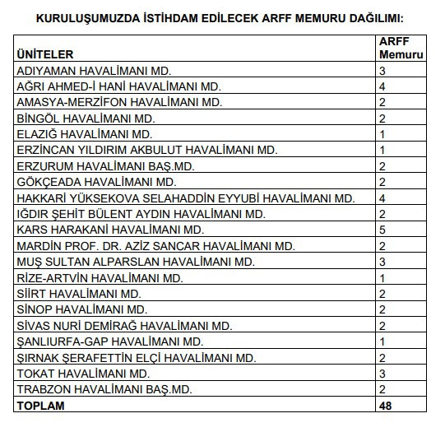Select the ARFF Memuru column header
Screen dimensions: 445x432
click(401, 47)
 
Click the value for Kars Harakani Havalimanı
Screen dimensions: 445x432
click(382, 230)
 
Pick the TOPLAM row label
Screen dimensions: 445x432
click(40, 406)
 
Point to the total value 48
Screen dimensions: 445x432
click(386, 406)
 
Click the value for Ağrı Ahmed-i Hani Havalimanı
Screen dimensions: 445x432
click(382, 86)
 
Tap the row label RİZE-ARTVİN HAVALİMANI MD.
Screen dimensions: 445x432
click(100, 278)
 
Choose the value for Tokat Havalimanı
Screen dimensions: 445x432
click(382, 373)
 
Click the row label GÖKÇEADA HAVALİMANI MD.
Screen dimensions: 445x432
click(96, 182)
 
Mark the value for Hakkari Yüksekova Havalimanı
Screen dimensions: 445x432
click(382, 198)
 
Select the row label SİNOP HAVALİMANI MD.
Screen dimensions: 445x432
click(81, 309)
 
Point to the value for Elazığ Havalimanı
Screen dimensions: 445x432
click(382, 134)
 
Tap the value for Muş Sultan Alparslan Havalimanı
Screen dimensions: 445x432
click(382, 262)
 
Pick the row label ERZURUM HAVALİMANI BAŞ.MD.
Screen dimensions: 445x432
click(105, 166)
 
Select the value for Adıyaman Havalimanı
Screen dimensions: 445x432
click(382, 71)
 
